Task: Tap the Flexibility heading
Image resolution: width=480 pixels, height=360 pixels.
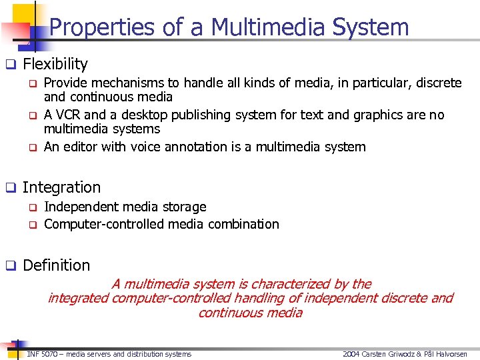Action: click(55, 64)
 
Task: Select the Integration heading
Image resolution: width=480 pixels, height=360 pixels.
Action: click(61, 187)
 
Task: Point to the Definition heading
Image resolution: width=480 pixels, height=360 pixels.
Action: click(56, 265)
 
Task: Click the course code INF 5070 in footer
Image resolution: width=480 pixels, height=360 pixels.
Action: click(41, 354)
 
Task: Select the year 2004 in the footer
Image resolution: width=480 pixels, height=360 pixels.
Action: click(351, 354)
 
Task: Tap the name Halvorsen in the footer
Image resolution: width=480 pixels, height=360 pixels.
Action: click(449, 354)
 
